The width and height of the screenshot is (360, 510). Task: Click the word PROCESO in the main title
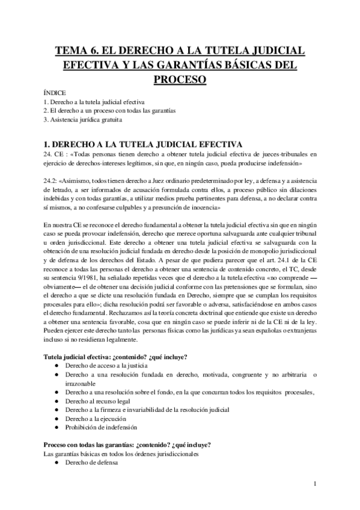coord(180,79)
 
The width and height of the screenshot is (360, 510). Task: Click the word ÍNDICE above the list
coord(55,93)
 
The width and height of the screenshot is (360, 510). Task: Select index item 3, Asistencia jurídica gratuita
coord(83,119)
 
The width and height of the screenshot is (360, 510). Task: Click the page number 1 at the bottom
coord(316,483)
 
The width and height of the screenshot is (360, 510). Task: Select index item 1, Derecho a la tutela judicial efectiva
coord(98,102)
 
